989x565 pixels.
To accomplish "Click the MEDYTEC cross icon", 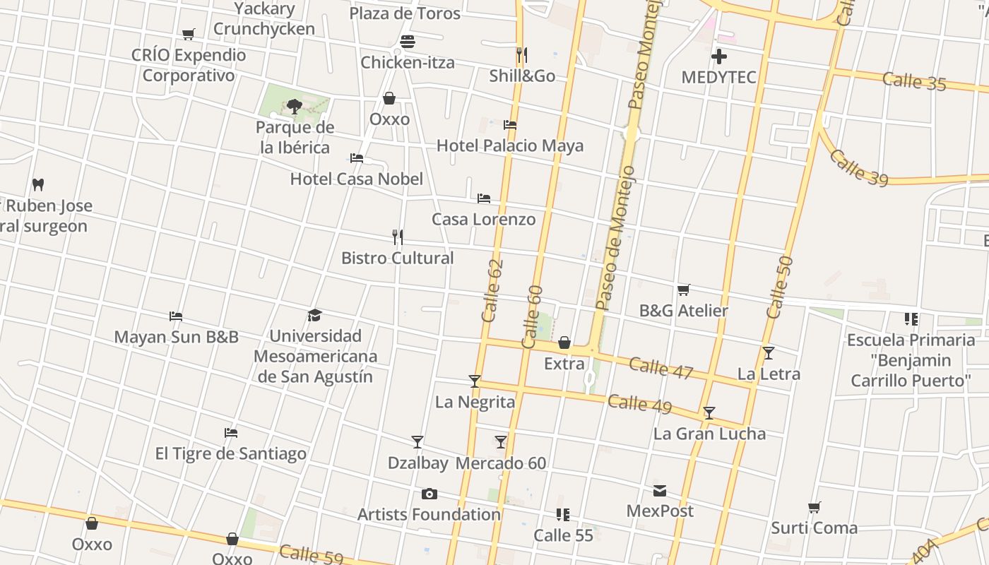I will click(x=719, y=56).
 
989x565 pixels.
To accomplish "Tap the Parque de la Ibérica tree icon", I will click(x=295, y=107).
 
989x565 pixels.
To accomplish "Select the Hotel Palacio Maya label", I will click(x=510, y=145).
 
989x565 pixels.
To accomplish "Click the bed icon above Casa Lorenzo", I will click(x=484, y=198).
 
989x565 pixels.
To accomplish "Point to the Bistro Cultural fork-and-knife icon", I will click(x=398, y=237).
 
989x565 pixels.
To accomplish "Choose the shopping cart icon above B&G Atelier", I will click(x=683, y=290).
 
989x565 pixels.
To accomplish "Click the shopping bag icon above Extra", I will click(x=564, y=343).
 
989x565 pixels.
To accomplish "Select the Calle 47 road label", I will click(x=661, y=368).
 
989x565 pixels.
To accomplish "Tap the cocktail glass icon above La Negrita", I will click(x=475, y=381).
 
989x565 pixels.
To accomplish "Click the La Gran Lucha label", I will click(x=709, y=433).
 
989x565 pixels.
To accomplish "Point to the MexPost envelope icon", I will click(x=660, y=491).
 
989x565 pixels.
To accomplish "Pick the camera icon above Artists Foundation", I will click(x=429, y=494).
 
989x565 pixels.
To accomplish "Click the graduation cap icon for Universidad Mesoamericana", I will click(x=315, y=315).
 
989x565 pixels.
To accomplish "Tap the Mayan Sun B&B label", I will click(x=176, y=337).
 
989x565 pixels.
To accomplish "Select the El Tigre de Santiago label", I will click(x=231, y=453).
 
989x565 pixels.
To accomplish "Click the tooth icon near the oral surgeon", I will click(x=38, y=185).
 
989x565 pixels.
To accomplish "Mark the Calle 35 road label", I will click(x=914, y=81).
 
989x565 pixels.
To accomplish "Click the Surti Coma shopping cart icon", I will click(x=814, y=507).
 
